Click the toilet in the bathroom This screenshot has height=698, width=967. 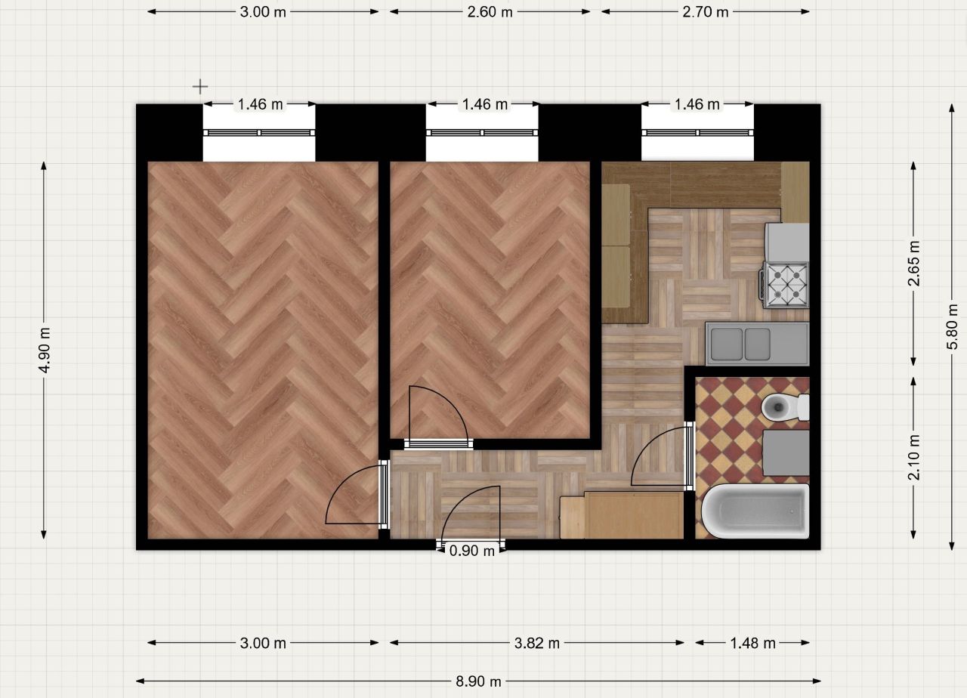point(785,406)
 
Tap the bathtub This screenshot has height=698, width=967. point(755,511)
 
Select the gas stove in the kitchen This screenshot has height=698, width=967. point(784,285)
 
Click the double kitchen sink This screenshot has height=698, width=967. point(757,344)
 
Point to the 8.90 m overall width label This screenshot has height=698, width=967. point(478,681)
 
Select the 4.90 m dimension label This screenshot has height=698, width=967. point(45,350)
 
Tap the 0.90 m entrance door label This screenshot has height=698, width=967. point(472,551)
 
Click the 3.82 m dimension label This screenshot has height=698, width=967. point(536,643)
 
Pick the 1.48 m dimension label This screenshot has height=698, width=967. point(753,643)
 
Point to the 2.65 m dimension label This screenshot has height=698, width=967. point(913,264)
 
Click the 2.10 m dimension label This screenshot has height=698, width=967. point(913,458)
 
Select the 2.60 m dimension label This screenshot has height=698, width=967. point(490,12)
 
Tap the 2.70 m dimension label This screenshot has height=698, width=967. point(706,12)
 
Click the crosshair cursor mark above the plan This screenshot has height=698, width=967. point(200,87)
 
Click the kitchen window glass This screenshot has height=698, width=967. point(697,132)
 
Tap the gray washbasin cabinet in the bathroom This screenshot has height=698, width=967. point(786,452)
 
